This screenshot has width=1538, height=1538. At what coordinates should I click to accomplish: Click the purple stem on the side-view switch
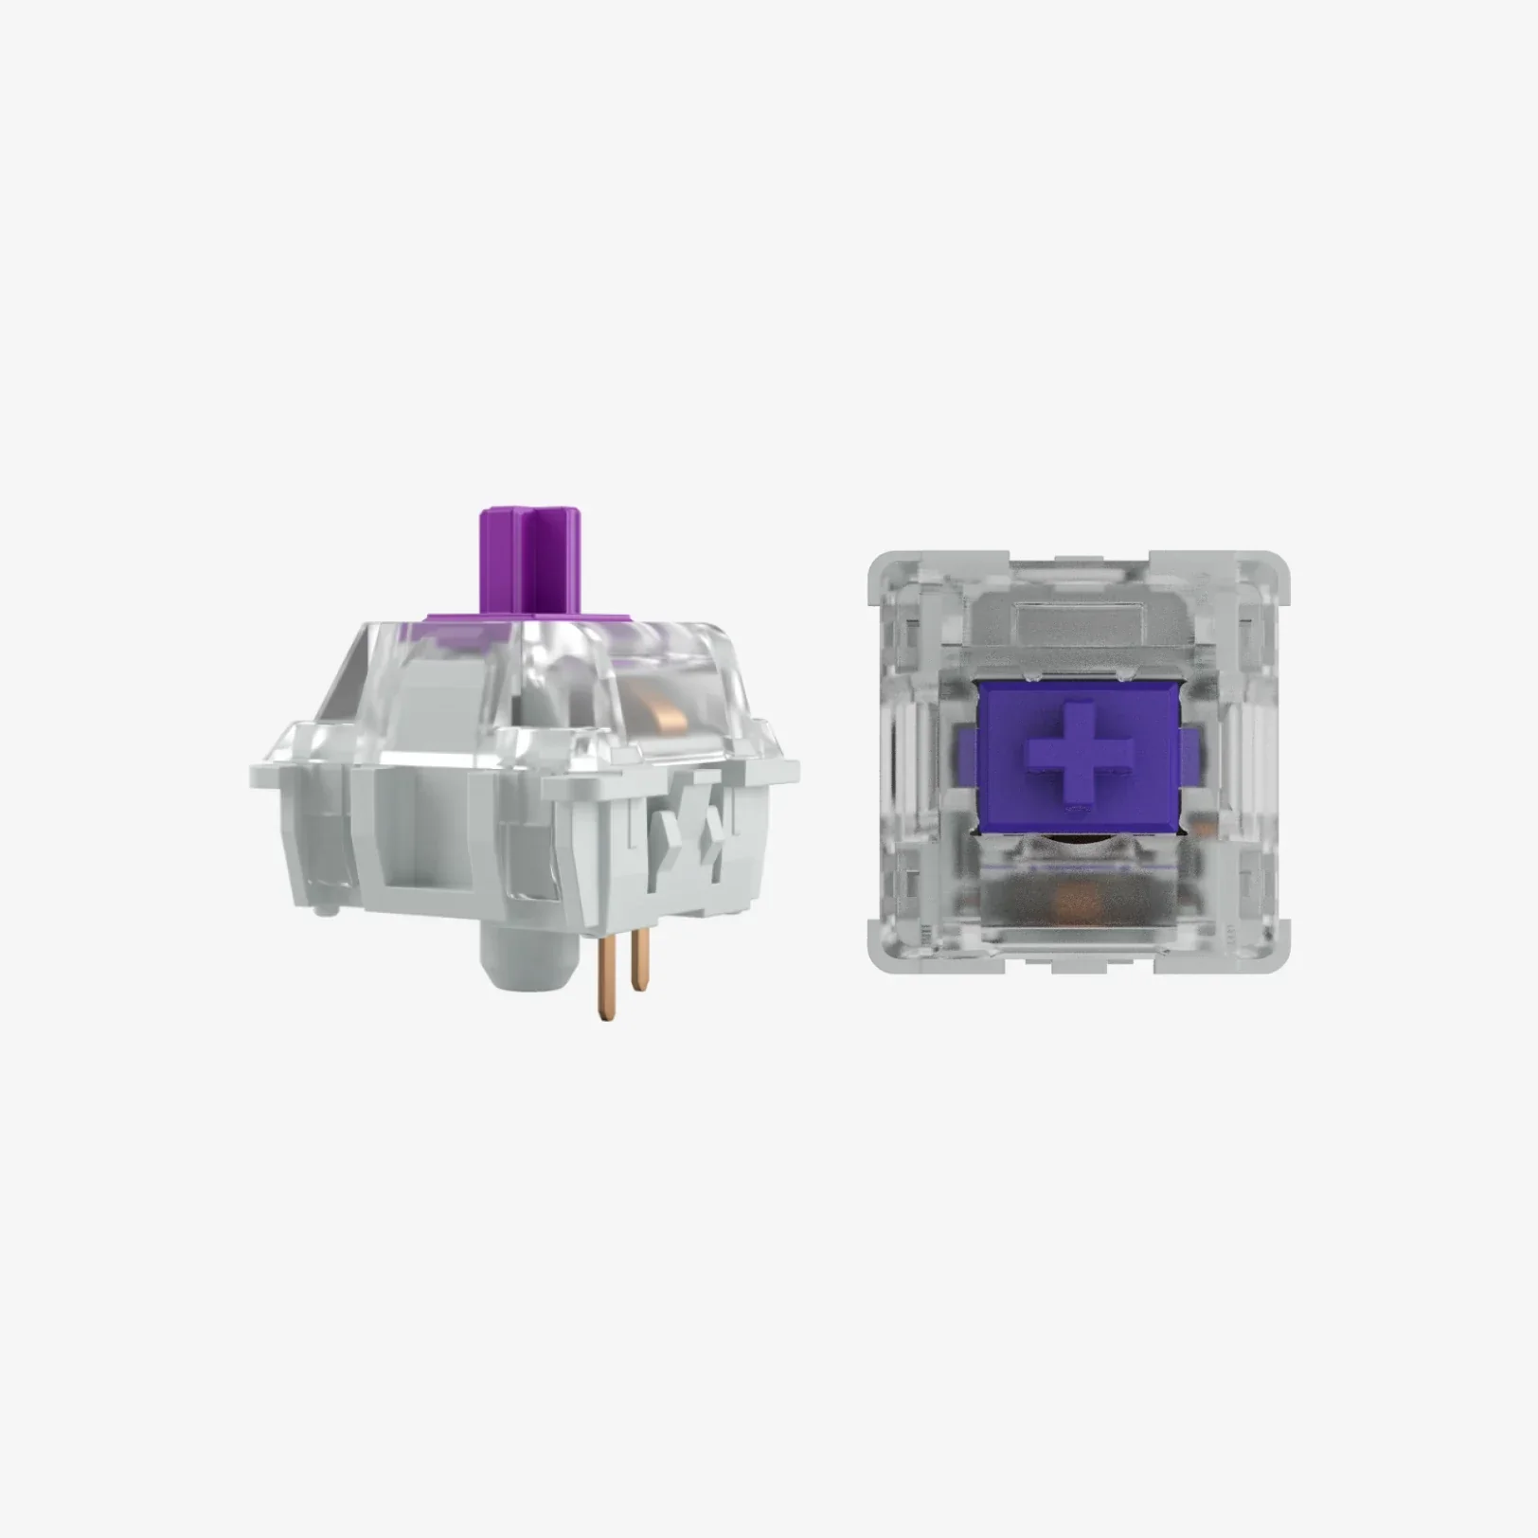pos(541,559)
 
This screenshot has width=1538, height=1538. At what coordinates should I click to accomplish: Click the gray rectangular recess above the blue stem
pos(1080,620)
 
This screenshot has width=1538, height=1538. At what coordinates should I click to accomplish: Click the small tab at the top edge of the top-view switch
pos(1080,561)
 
